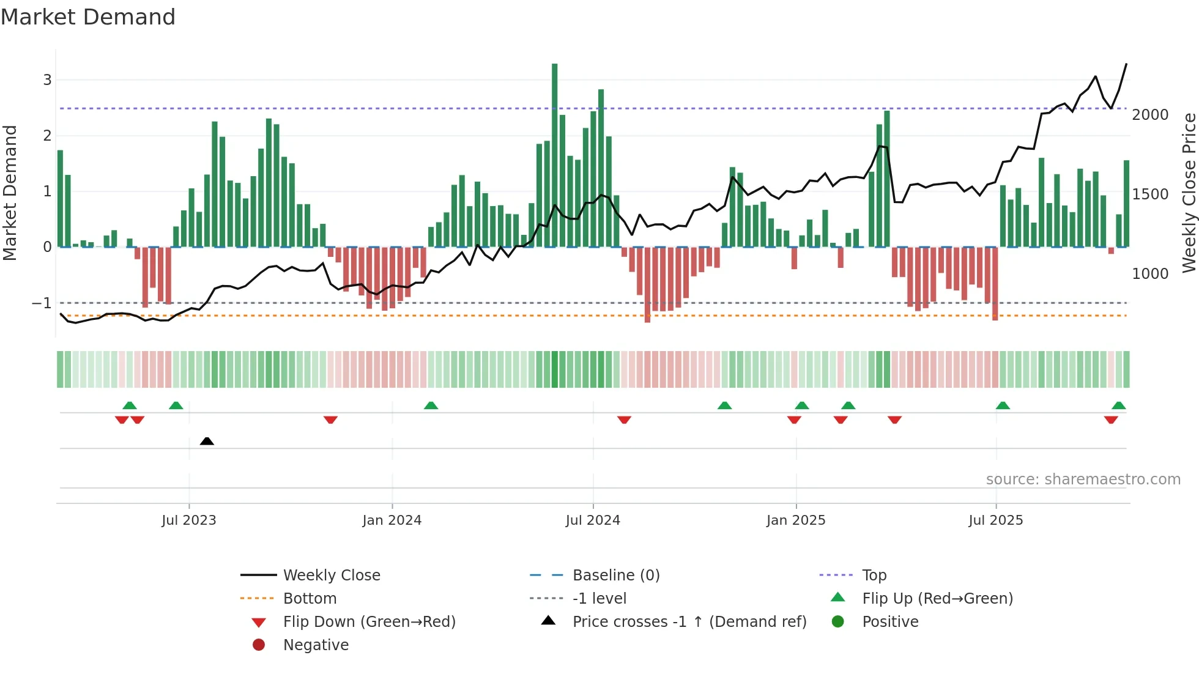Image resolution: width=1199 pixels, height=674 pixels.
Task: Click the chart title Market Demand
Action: pyautogui.click(x=88, y=17)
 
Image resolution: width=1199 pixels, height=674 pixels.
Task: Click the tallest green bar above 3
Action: pyautogui.click(x=554, y=153)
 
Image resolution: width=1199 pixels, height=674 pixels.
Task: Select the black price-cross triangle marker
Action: pyautogui.click(x=207, y=441)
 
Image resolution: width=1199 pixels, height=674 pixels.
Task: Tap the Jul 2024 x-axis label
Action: pyautogui.click(x=592, y=520)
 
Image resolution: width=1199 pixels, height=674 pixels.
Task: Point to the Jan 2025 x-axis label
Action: pyautogui.click(x=795, y=520)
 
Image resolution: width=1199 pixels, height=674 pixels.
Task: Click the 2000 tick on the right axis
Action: pyautogui.click(x=1150, y=115)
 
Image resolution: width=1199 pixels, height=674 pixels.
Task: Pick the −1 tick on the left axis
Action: pyautogui.click(x=42, y=303)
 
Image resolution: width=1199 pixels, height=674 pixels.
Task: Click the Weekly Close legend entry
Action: pyautogui.click(x=331, y=576)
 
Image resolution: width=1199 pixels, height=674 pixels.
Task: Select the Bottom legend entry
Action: pyautogui.click(x=310, y=599)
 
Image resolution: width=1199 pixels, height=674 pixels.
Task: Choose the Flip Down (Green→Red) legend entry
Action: pyautogui.click(x=369, y=622)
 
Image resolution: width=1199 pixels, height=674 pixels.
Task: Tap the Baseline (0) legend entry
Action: pyautogui.click(x=615, y=576)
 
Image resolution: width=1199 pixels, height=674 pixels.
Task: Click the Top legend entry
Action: pyautogui.click(x=874, y=576)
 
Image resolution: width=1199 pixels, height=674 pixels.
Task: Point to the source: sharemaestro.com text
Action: pyautogui.click(x=1083, y=480)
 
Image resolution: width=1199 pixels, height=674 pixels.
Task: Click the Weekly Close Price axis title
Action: pyautogui.click(x=1189, y=193)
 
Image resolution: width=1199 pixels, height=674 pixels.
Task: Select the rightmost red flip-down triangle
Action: pyautogui.click(x=1111, y=420)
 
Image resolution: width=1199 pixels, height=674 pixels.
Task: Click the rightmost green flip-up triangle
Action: pyautogui.click(x=1118, y=406)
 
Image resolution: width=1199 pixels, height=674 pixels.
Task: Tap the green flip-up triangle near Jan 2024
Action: pyautogui.click(x=431, y=406)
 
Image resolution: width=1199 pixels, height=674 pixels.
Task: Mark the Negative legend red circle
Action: pyautogui.click(x=259, y=645)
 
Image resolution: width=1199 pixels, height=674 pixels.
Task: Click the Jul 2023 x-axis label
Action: pyautogui.click(x=188, y=520)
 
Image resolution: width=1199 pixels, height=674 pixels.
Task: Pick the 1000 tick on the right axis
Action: pyautogui.click(x=1150, y=274)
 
